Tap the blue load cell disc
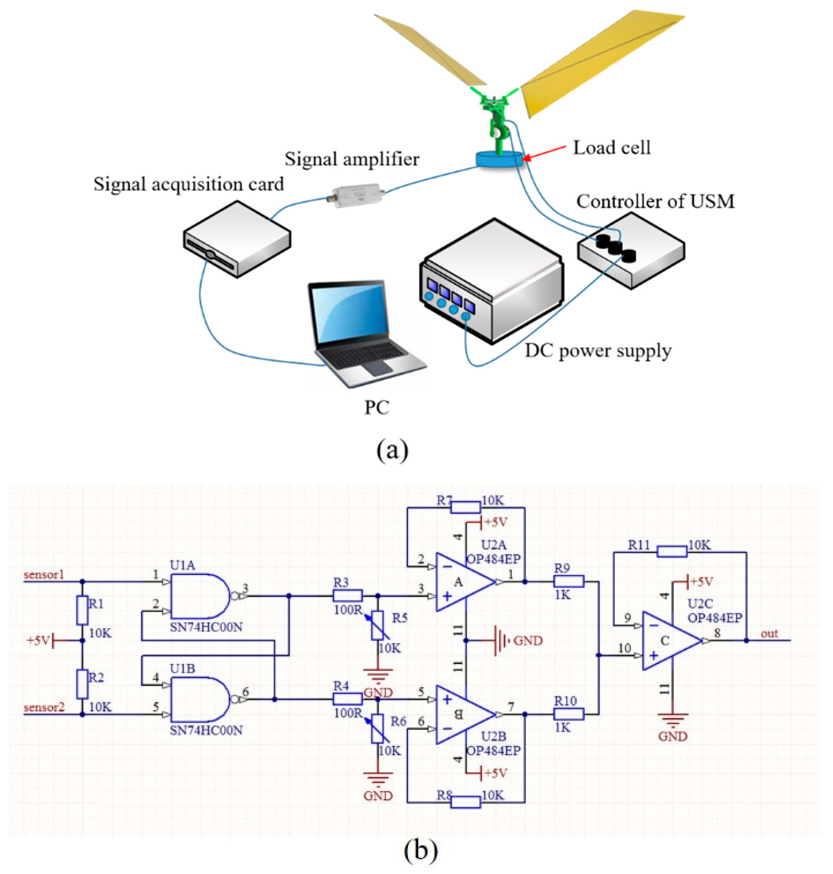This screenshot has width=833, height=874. click(499, 158)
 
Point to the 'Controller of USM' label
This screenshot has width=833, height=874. click(655, 201)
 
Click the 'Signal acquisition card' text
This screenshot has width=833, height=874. click(188, 184)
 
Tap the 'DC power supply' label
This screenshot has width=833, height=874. click(598, 351)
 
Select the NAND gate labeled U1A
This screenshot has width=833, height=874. click(200, 596)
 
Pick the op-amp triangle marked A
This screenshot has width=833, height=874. click(462, 582)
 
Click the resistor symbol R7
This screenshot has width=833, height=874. click(465, 507)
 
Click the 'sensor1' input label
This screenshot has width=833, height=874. click(44, 575)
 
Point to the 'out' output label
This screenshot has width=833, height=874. click(769, 634)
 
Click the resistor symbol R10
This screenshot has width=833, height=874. click(568, 714)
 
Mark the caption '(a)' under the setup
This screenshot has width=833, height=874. click(392, 450)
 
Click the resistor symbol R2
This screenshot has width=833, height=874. click(82, 685)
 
